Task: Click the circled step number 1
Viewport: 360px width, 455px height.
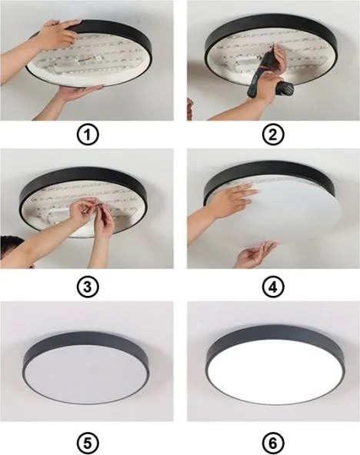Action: point(91,135)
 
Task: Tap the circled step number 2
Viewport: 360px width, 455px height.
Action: point(270,135)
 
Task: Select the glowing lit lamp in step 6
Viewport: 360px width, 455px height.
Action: point(270,373)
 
